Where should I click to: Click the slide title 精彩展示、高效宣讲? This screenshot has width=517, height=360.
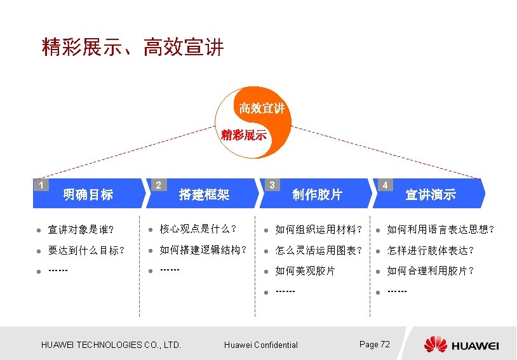click(133, 48)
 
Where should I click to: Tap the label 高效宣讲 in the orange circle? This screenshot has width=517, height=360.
click(261, 109)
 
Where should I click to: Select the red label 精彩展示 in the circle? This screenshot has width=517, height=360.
click(244, 135)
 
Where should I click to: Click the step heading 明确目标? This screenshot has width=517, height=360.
click(88, 194)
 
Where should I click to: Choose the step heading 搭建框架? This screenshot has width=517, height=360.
click(204, 194)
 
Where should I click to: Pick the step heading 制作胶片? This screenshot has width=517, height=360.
click(317, 194)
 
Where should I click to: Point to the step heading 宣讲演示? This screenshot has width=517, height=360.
click(431, 194)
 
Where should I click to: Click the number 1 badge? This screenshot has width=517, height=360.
click(41, 185)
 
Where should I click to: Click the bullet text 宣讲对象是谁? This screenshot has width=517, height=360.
click(81, 229)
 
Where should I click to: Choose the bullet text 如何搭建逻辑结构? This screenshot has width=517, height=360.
click(203, 250)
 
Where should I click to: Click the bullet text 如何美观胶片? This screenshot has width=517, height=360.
click(305, 271)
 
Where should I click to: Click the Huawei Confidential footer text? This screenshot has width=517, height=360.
click(261, 345)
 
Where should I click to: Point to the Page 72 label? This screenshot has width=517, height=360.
click(375, 344)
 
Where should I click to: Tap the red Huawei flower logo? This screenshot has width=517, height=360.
click(436, 344)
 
